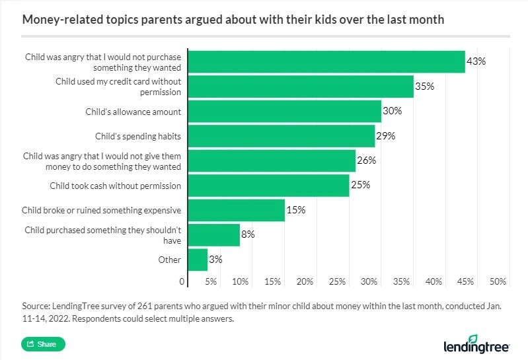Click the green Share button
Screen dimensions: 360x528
point(44,344)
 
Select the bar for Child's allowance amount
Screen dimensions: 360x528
point(285,111)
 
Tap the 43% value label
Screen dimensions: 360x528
point(476,61)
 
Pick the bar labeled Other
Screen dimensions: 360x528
point(198,260)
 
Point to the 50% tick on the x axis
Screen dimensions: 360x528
point(498,282)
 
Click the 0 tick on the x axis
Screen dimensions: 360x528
point(182,282)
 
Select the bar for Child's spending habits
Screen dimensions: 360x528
point(282,136)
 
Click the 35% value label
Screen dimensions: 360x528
point(424,86)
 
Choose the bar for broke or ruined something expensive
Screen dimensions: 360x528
point(237,210)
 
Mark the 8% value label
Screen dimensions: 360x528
point(248,234)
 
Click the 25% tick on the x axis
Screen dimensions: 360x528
point(337,282)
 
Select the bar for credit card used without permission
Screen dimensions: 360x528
point(301,87)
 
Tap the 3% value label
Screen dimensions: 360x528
point(215,260)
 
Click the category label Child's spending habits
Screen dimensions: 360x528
point(137,136)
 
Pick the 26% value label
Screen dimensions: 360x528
point(366,161)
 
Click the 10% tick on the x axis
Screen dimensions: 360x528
point(240,282)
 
